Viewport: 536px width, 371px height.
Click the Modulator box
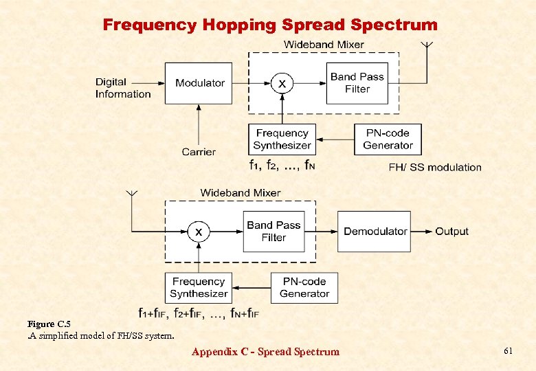(199, 83)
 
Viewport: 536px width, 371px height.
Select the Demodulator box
(375, 232)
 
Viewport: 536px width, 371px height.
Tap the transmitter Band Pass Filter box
(357, 83)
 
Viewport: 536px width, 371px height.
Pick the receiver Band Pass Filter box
(273, 232)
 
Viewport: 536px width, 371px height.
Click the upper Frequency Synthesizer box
(282, 139)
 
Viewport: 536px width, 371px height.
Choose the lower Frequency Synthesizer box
(199, 288)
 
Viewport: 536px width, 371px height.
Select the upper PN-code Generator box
(388, 139)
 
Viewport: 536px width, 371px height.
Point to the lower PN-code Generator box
(304, 288)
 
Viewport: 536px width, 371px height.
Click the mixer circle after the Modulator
(282, 84)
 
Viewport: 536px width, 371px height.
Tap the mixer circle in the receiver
(199, 232)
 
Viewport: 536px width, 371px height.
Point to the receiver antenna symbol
(130, 195)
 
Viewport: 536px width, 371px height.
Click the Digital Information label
(123, 89)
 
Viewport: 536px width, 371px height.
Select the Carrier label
(199, 152)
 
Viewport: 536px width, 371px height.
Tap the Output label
(451, 232)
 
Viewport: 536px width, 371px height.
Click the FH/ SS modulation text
(435, 167)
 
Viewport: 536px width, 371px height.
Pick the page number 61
(508, 351)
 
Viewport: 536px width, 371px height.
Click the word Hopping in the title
(238, 25)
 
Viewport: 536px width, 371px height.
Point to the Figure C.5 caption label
(49, 324)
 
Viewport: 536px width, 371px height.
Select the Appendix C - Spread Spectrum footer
(265, 352)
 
